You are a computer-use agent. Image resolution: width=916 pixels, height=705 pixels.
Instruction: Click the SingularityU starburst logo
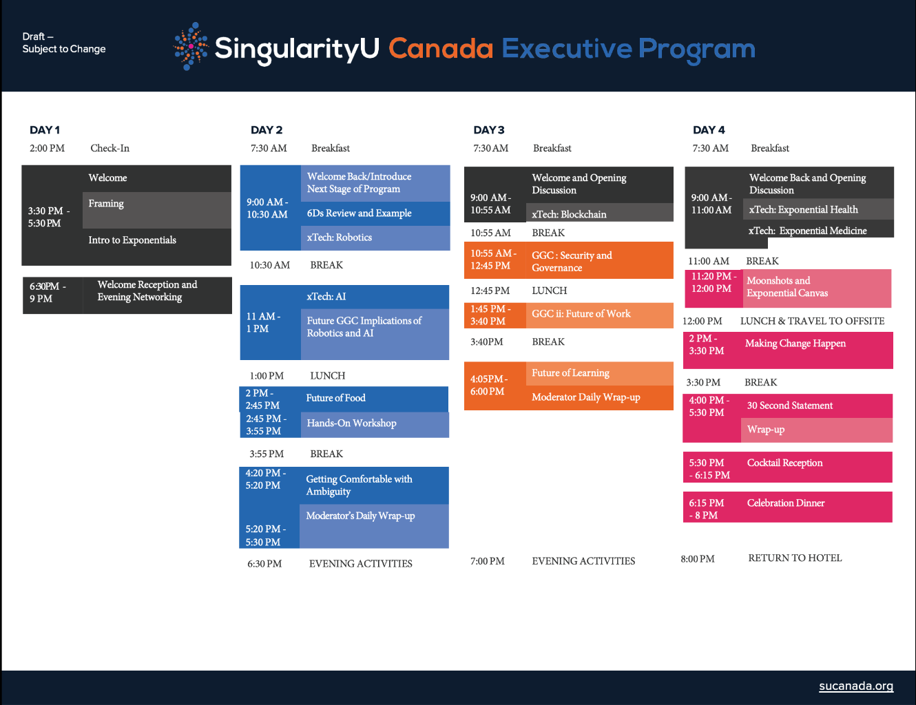(x=191, y=46)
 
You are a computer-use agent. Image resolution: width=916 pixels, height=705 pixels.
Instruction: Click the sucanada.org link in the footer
(x=855, y=686)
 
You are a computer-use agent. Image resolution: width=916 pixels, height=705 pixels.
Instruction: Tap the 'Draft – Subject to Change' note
(x=63, y=43)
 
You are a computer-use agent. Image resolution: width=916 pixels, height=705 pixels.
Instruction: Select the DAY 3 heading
(x=488, y=130)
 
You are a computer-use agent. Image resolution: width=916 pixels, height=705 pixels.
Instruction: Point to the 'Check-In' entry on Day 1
(x=110, y=148)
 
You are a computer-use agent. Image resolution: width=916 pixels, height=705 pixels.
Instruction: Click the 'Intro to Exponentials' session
(x=132, y=240)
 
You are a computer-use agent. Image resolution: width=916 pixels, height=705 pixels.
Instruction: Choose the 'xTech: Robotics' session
(x=340, y=238)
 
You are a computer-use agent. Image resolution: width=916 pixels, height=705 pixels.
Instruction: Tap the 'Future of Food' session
(x=335, y=398)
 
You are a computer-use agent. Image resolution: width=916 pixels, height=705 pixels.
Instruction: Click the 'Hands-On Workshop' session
(x=351, y=423)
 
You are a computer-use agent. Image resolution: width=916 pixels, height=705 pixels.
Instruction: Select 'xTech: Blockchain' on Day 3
(x=569, y=214)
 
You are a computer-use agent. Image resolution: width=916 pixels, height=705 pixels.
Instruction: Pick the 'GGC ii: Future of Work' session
(x=581, y=313)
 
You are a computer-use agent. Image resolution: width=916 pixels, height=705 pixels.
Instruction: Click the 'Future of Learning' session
(x=570, y=373)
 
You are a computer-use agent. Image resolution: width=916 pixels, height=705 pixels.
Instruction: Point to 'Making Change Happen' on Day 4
(x=795, y=344)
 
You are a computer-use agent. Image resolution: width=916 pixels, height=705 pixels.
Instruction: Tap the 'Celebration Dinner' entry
(x=786, y=503)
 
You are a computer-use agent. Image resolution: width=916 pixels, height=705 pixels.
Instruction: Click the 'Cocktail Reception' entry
(x=784, y=463)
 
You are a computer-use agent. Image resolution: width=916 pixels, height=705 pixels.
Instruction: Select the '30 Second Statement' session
(x=789, y=406)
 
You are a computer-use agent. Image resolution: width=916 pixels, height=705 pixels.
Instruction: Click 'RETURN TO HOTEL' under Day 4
(x=795, y=558)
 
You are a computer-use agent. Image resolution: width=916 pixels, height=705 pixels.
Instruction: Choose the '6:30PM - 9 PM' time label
(x=48, y=293)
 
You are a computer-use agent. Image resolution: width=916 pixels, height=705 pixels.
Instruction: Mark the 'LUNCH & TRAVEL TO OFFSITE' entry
(x=812, y=321)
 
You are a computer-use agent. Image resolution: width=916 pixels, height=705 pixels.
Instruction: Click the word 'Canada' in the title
(x=441, y=48)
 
